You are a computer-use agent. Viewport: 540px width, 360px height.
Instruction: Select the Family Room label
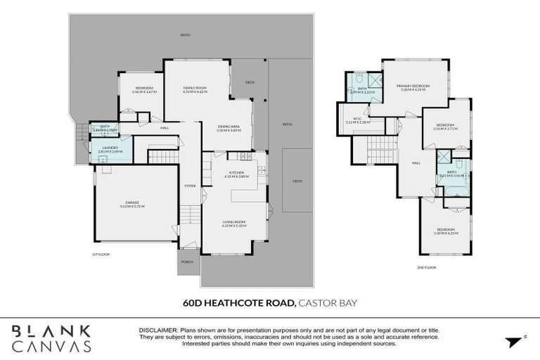click(x=195, y=89)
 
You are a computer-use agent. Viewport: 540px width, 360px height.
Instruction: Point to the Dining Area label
click(x=229, y=128)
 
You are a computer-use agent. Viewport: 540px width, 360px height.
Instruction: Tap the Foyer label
click(x=190, y=186)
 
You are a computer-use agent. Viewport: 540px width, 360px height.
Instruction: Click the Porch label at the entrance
click(x=187, y=262)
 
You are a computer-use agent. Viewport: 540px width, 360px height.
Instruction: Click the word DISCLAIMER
click(x=158, y=330)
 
